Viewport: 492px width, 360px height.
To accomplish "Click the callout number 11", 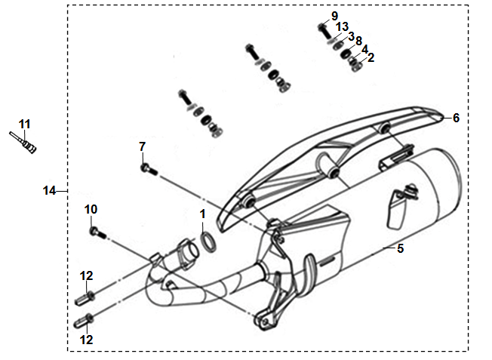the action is click(24, 125).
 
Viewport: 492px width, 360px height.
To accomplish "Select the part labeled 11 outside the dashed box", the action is click(23, 143).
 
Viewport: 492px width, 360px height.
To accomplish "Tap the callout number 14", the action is click(49, 190).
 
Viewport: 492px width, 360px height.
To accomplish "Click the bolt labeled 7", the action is click(149, 170).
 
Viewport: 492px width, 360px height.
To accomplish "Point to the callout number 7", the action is click(143, 146).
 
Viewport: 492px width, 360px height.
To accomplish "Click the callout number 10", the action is click(91, 209).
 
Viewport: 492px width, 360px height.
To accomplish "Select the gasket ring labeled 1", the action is click(208, 242).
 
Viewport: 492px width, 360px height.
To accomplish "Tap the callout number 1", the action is click(203, 214).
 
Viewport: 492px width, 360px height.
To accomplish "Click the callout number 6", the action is click(456, 118).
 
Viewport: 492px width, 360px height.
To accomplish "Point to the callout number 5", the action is click(400, 248).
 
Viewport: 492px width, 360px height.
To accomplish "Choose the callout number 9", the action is click(334, 16).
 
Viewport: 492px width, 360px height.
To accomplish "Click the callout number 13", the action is click(343, 27).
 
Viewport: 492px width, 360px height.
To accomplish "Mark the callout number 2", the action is click(371, 58).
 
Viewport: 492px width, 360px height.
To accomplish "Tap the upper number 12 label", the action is click(86, 276).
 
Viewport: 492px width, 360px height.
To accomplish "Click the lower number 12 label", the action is click(86, 340).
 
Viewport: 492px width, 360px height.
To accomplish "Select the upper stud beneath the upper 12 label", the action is click(85, 298).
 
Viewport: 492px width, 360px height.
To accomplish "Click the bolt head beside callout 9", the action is click(322, 27).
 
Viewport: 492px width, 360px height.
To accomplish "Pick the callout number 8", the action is click(358, 41).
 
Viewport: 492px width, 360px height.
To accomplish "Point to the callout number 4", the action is click(364, 50).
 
